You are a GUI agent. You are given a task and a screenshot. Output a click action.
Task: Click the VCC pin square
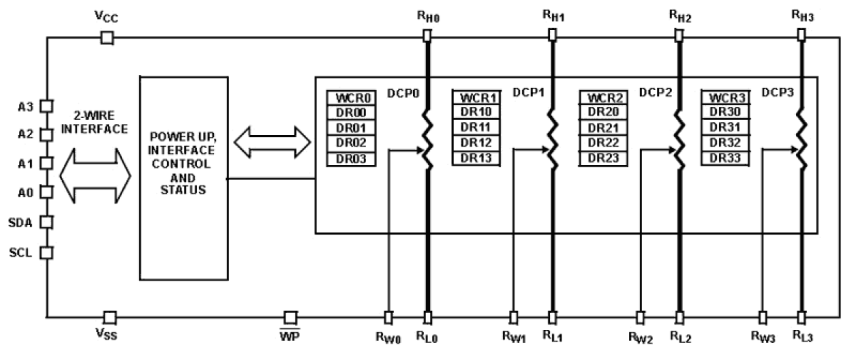click(106, 37)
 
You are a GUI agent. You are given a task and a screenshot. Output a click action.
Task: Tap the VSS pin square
click(109, 317)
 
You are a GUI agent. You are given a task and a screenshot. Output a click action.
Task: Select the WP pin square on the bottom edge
click(290, 317)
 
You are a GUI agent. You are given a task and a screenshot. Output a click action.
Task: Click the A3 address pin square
click(46, 106)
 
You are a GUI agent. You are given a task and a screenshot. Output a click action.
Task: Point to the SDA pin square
click(46, 222)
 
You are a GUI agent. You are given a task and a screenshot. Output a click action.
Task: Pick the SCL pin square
click(46, 252)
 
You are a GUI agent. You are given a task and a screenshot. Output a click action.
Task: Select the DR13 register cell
click(476, 158)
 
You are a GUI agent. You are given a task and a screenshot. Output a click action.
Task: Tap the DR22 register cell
click(603, 143)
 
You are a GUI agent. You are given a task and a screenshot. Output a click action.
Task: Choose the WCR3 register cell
click(725, 97)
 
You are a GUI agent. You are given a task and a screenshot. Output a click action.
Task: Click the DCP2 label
click(655, 93)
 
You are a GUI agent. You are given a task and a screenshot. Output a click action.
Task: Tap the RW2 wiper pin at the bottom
click(640, 317)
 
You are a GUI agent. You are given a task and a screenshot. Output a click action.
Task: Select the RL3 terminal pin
click(801, 317)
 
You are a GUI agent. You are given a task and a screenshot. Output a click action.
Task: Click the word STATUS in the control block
click(182, 190)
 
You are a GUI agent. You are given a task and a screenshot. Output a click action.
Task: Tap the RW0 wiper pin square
click(388, 317)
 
